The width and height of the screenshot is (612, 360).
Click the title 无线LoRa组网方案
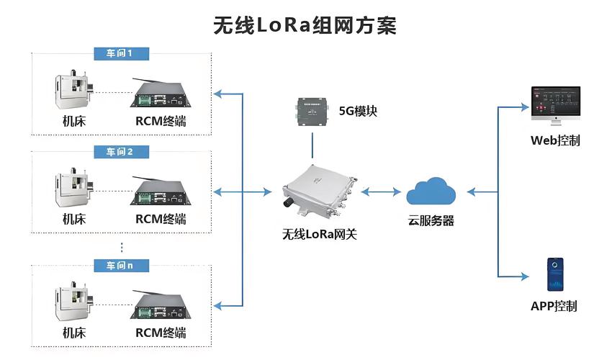coord(305,25)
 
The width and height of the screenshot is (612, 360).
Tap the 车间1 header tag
coord(119,53)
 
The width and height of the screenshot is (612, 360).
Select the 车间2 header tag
coord(119,151)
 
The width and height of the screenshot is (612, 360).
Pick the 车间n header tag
coord(119,266)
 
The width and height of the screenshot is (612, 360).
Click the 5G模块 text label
coord(358,112)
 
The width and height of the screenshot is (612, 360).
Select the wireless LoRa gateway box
coord(318,192)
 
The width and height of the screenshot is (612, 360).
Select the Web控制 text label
coord(555,140)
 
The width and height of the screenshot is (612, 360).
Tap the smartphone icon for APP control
coord(554,274)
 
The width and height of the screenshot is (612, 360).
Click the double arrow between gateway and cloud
coord(382,192)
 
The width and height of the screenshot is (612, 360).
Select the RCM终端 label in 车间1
coord(161,121)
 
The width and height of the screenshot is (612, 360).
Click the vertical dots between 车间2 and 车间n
coord(122,247)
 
